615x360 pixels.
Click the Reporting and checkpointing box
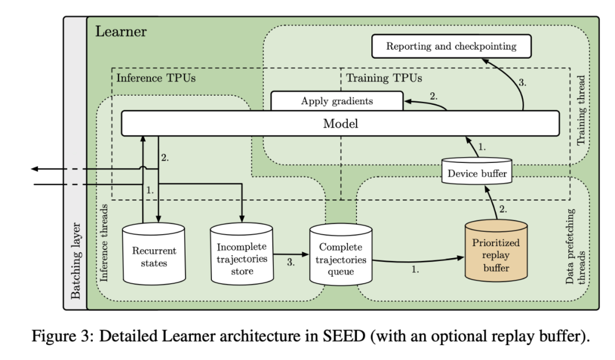tap(451, 47)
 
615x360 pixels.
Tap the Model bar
tap(340, 124)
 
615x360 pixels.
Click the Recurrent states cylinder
tap(154, 256)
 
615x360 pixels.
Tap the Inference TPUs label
tap(155, 77)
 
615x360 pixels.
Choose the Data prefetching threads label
tap(575, 246)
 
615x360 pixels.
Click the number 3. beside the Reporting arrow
tap(522, 81)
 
